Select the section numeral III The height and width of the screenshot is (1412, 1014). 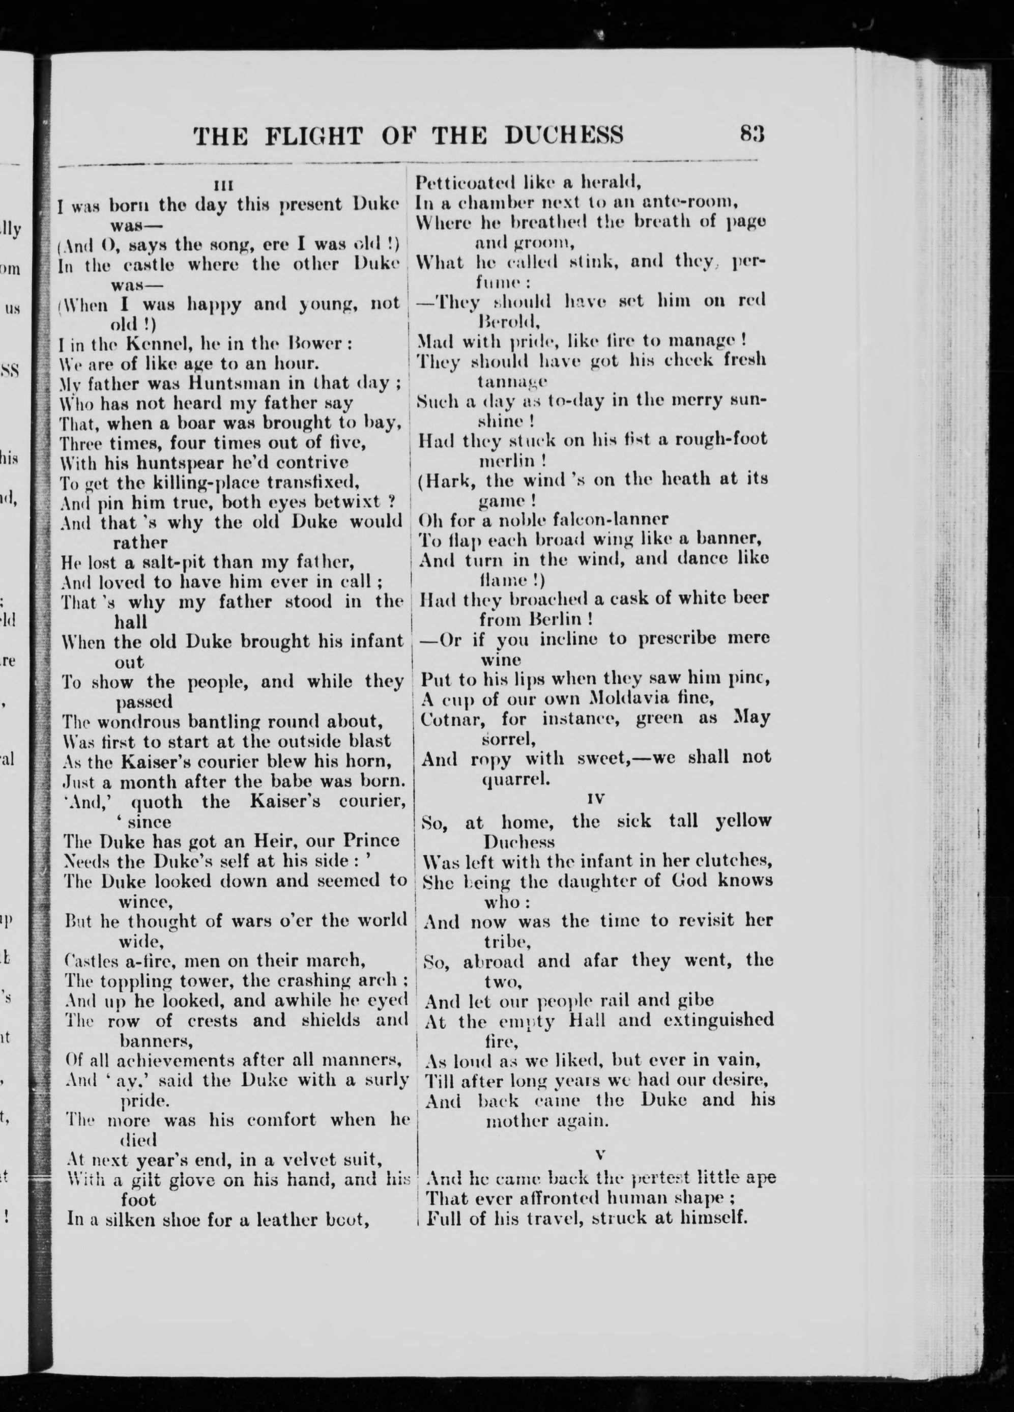(x=222, y=185)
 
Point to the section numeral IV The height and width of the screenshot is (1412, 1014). (x=596, y=798)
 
